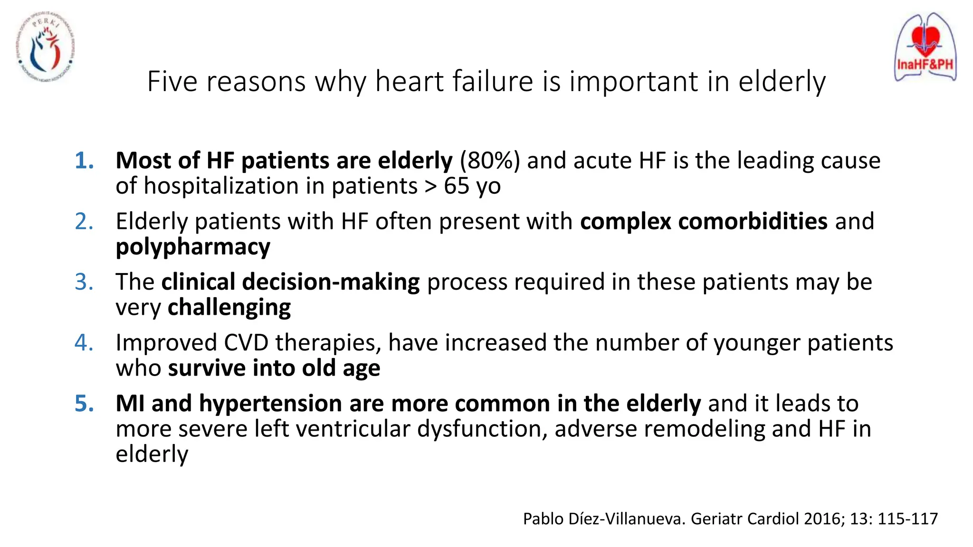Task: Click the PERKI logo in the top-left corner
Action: click(x=46, y=47)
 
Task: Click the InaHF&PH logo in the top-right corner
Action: click(x=925, y=47)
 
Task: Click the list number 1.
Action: click(x=84, y=160)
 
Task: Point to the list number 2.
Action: click(x=84, y=221)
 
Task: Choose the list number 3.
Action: click(x=84, y=282)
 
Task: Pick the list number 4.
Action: click(x=84, y=343)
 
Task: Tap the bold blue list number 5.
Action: click(x=84, y=404)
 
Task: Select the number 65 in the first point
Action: click(x=457, y=186)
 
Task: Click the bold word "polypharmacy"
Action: click(x=193, y=247)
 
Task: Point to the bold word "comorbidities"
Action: click(x=753, y=221)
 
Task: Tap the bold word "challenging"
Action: click(x=229, y=307)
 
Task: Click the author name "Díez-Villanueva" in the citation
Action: click(x=627, y=519)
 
